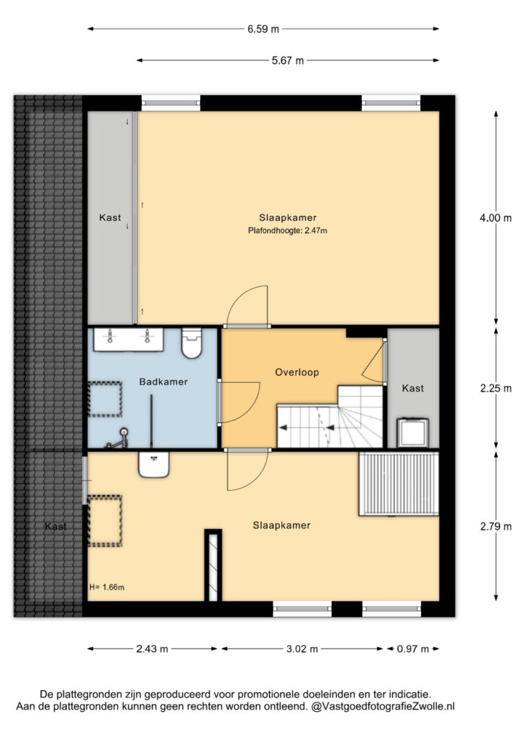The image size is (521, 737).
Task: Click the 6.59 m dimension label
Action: [x=263, y=29]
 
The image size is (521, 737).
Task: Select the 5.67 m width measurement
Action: [x=288, y=60]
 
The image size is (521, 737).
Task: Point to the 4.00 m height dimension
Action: [x=496, y=218]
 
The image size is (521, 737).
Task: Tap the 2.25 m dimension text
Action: [x=496, y=389]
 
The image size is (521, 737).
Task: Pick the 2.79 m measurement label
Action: [x=496, y=526]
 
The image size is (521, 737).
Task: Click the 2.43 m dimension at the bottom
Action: [x=152, y=649]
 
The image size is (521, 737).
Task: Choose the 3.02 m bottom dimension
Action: [x=302, y=649]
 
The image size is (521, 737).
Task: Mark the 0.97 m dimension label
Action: [x=413, y=649]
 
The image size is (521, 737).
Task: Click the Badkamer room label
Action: [x=163, y=381]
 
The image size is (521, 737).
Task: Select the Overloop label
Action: [x=297, y=372]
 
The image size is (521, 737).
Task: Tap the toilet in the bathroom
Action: [x=191, y=343]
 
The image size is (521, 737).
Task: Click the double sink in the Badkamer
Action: [x=128, y=340]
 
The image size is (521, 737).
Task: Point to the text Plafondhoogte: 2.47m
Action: [x=288, y=231]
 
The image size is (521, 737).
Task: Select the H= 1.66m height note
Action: [x=107, y=587]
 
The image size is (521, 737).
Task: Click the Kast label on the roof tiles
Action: [x=55, y=526]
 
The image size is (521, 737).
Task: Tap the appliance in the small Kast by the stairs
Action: [x=413, y=433]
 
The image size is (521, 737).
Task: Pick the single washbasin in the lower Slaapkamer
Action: [x=153, y=464]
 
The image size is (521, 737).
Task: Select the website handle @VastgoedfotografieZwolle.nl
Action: [x=383, y=706]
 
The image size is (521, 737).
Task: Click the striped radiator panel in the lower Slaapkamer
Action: [x=399, y=484]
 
